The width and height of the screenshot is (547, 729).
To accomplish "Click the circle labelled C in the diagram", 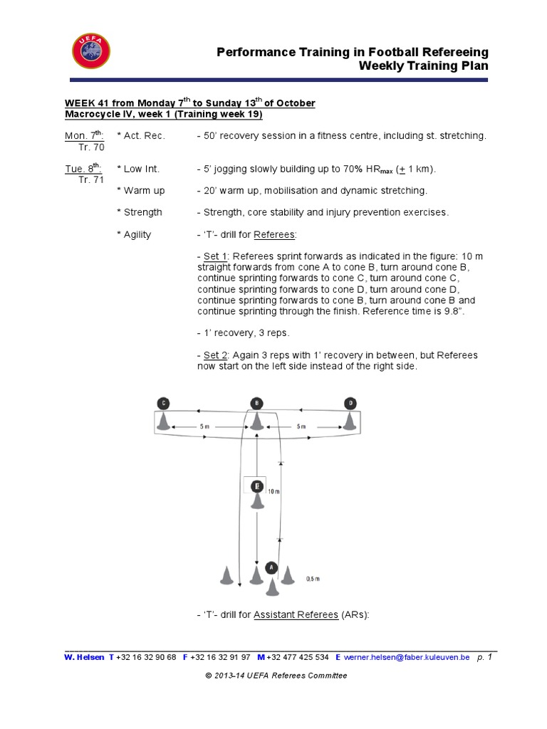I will coord(163,403).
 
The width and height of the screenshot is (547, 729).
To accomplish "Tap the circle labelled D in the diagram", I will coord(350,403).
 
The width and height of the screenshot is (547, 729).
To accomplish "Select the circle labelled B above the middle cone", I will coord(257,403).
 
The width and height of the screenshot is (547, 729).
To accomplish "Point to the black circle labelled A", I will coord(271,567).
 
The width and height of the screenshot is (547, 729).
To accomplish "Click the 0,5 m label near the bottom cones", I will coord(313,579).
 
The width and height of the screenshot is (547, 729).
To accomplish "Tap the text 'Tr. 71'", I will coord(91,180).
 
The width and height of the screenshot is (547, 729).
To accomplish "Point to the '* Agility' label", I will coord(134,234).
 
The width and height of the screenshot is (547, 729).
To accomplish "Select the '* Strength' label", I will coord(139,212).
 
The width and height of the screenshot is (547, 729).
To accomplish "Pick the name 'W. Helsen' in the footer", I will coord(84,658).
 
